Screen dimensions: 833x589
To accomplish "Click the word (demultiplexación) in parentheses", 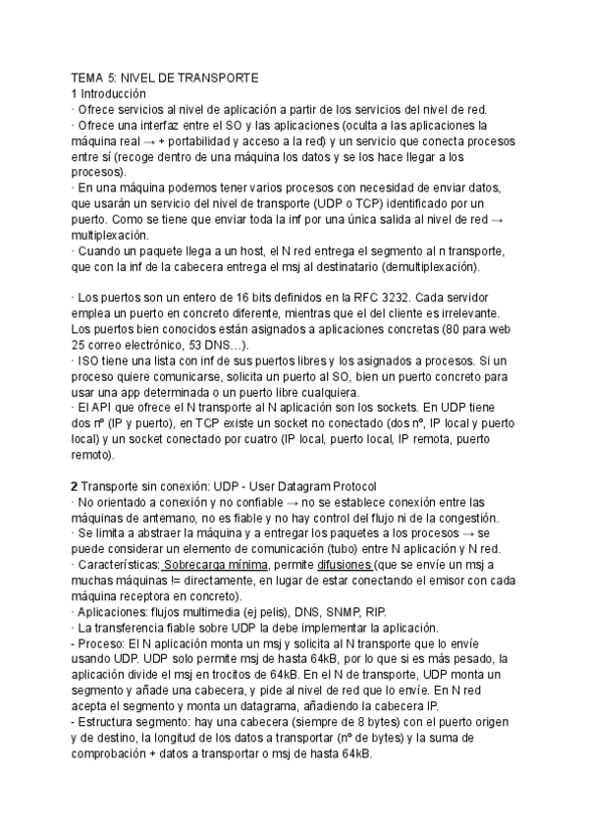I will click(425, 266).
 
